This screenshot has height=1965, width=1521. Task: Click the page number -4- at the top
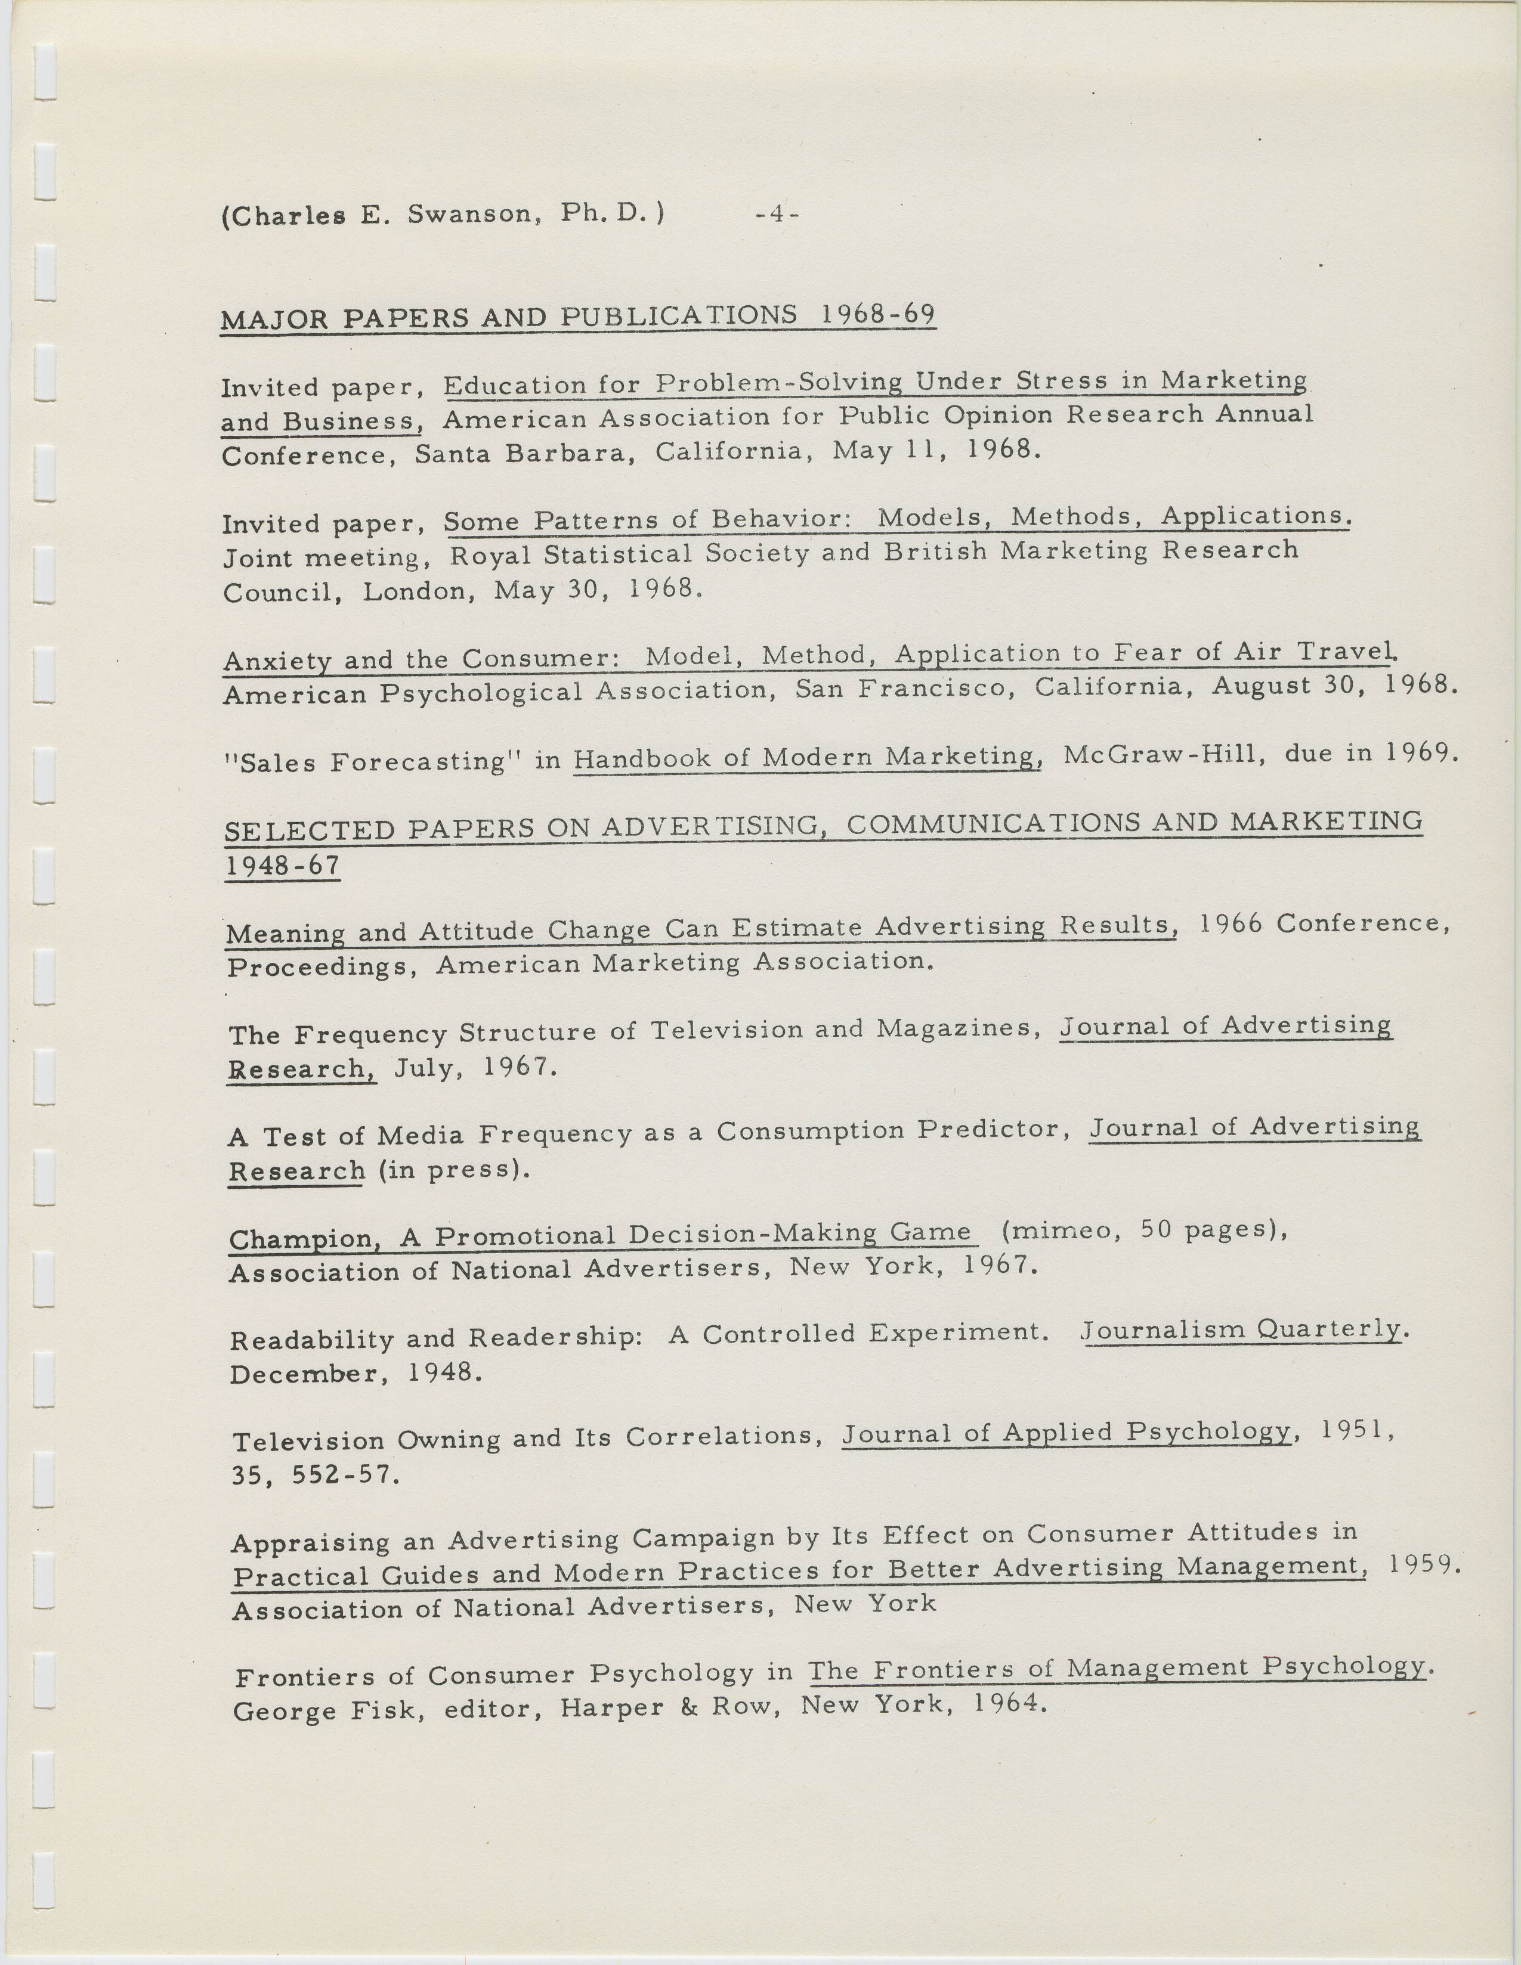tap(778, 215)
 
